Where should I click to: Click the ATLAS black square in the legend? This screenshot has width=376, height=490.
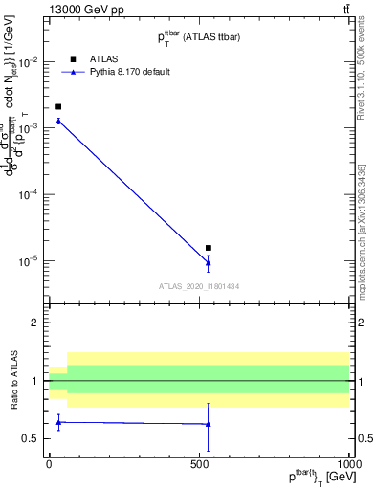pos(73,57)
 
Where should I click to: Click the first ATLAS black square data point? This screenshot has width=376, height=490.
pos(58,107)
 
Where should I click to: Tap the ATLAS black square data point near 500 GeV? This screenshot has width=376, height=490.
pos(208,248)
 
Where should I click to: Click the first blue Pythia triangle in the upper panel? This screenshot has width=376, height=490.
pos(58,121)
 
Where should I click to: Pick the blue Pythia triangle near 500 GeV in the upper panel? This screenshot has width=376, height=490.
pos(208,263)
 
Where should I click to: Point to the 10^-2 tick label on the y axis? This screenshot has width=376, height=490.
pos(30,62)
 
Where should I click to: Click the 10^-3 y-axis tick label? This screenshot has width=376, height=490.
pos(30,128)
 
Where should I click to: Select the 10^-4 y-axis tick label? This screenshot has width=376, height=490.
pos(30,194)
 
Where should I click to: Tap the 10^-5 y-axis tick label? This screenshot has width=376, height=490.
pos(30,260)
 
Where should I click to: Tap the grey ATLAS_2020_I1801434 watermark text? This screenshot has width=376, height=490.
pos(199,286)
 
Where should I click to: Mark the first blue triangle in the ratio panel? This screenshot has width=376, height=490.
pos(58,421)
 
